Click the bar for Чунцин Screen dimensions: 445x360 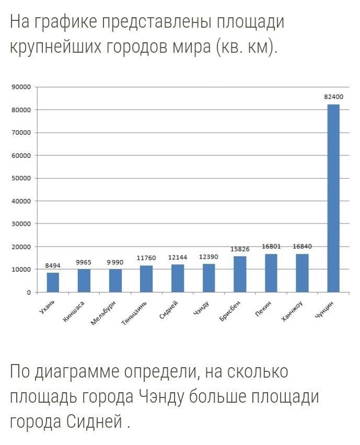(333, 198)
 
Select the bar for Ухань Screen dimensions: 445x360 (53, 282)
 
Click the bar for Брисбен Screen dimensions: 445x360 (240, 274)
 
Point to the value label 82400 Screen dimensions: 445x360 (333, 97)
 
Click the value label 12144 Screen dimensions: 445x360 (177, 257)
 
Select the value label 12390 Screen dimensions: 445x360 (208, 257)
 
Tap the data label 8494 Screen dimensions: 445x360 (53, 265)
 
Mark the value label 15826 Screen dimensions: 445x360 (240, 249)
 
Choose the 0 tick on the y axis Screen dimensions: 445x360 (30, 292)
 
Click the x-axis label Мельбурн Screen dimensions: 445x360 (104, 313)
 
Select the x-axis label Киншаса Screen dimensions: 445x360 (76, 312)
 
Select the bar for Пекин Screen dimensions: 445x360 (271, 273)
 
